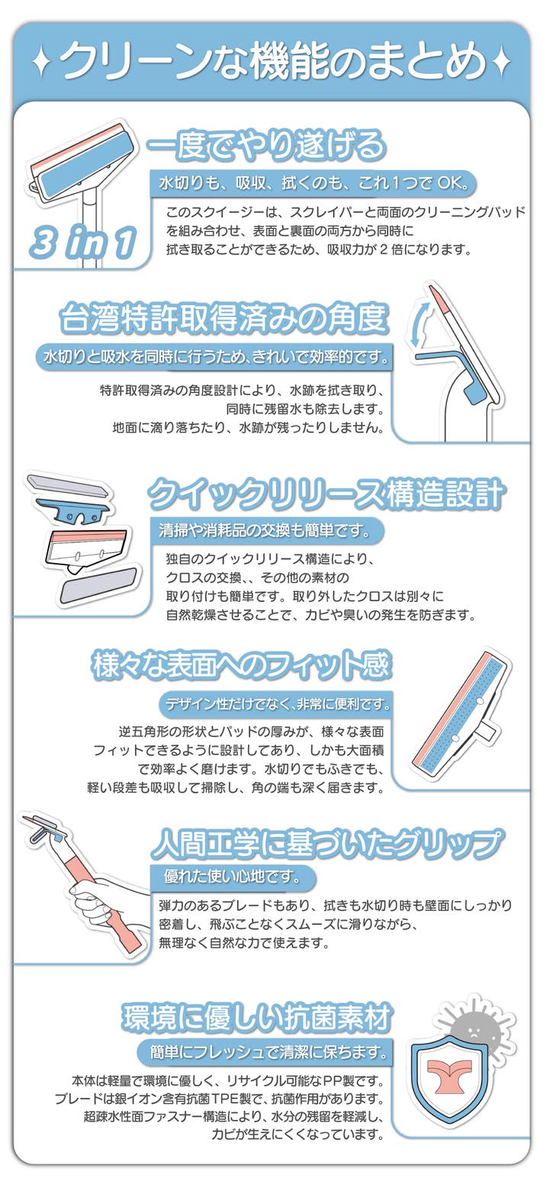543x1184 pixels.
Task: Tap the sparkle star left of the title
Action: pos(41,63)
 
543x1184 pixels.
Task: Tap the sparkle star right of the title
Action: pos(501,63)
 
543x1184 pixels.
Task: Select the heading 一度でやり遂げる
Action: pos(265,145)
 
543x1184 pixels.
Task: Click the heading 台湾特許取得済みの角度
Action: pos(224,318)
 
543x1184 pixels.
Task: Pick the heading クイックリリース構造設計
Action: pos(326,494)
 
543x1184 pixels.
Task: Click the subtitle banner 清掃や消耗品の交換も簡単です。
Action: pos(266,530)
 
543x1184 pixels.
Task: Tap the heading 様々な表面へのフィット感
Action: pos(241,664)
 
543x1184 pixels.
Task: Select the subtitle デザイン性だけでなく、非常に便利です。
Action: pos(278,704)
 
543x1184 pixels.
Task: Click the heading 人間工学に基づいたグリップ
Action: pos(326,843)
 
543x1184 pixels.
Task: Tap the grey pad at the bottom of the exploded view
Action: pos(98,584)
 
